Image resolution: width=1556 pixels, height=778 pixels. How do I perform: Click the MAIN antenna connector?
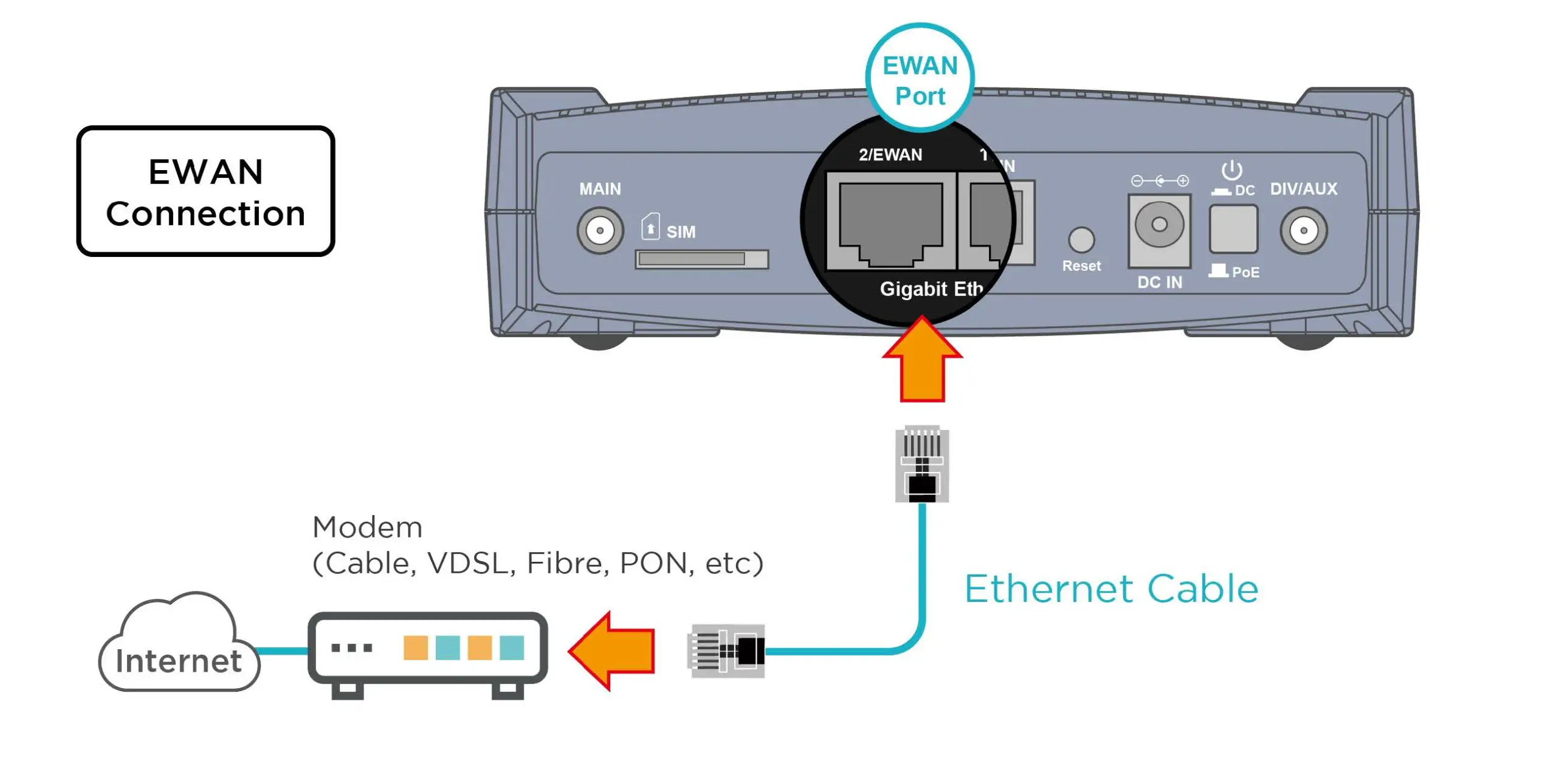point(600,231)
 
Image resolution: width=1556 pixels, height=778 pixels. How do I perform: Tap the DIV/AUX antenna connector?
point(1303,231)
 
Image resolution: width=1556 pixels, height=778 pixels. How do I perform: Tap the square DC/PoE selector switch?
point(1233,229)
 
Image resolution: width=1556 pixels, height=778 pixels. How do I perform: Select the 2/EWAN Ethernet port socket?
point(890,222)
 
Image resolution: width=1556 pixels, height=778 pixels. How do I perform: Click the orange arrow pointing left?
point(614,650)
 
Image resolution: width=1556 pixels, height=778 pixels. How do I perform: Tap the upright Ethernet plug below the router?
point(922,464)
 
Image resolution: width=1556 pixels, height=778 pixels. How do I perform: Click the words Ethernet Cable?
point(1111,589)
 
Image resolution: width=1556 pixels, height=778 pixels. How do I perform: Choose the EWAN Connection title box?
point(205,192)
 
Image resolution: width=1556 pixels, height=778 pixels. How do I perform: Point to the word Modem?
point(367,527)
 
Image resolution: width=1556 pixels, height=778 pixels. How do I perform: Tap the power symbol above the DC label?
point(1231,169)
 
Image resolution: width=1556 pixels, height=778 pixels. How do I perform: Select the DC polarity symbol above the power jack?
point(1160,180)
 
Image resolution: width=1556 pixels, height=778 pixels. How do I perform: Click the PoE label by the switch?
point(1245,273)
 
